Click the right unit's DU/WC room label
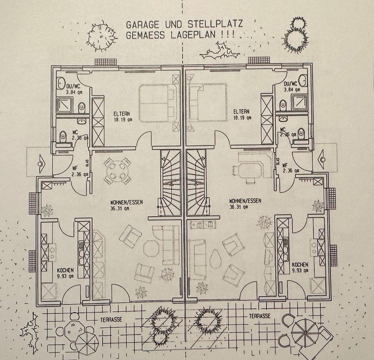(x=291, y=84)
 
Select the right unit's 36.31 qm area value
(x=239, y=207)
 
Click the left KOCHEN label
(x=65, y=270)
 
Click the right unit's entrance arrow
(x=322, y=158)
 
